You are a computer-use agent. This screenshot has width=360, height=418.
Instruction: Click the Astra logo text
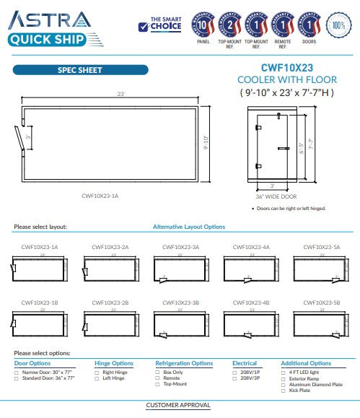49,19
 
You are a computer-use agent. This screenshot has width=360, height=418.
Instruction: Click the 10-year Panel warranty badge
203,25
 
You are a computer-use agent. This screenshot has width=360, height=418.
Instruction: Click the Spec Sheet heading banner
79,70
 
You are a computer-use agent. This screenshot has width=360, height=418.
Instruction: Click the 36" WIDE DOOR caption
276,196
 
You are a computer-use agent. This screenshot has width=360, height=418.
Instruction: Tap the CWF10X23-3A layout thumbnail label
181,247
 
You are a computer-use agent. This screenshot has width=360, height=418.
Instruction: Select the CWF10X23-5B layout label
322,302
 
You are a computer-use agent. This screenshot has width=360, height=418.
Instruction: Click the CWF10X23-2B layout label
110,302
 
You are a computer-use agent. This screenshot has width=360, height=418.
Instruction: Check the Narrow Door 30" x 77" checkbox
17,373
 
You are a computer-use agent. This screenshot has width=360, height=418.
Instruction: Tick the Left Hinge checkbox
96,378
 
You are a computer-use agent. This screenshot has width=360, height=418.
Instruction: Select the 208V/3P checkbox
234,378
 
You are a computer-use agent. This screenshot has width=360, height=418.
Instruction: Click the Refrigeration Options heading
184,363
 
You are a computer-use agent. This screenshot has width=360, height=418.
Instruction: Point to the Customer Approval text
177,406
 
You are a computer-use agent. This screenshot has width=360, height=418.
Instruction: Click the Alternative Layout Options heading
188,227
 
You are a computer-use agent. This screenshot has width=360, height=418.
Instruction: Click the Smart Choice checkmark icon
144,28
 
